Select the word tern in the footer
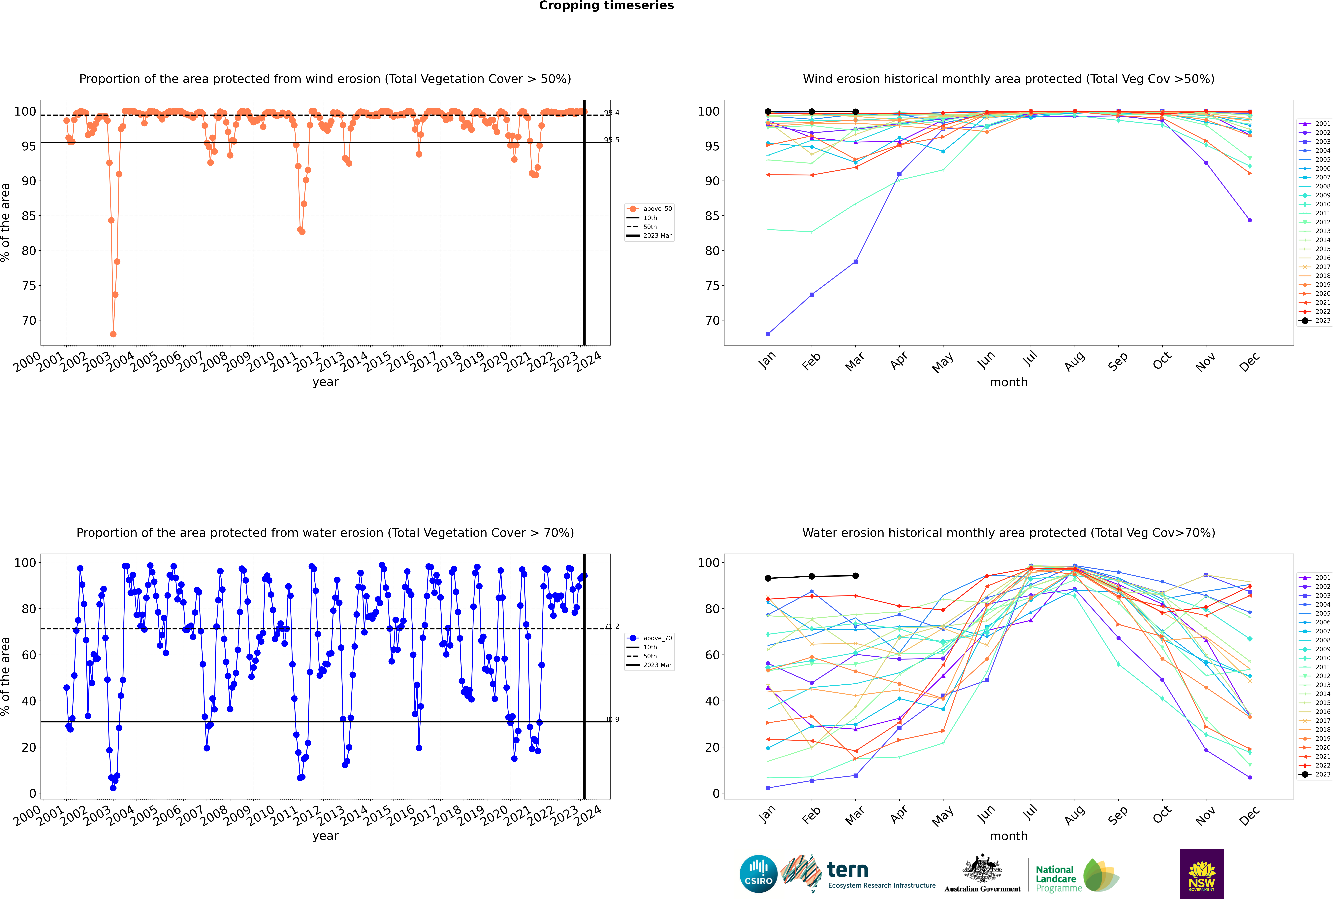(x=848, y=870)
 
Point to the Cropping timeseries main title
(x=606, y=6)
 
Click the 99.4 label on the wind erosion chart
(x=612, y=113)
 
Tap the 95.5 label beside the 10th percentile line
(x=612, y=140)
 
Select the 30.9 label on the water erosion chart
(x=612, y=720)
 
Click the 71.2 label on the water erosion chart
(x=612, y=627)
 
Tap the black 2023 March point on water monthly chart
(x=856, y=576)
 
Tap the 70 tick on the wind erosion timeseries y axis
(x=29, y=320)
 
